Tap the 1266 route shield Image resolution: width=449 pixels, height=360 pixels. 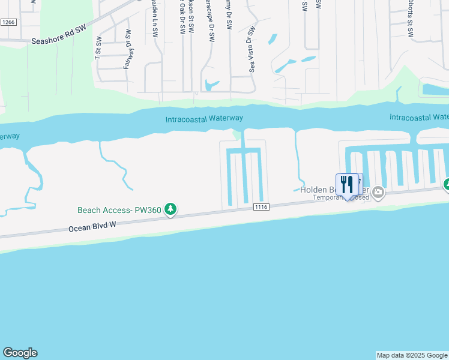click(8, 22)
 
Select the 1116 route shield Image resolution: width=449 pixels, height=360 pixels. click(261, 207)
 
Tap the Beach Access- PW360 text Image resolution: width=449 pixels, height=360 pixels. click(119, 210)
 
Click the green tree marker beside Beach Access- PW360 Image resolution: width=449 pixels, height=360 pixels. click(171, 209)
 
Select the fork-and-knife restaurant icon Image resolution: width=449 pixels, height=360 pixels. click(347, 185)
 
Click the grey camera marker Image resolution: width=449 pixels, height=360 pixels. click(378, 193)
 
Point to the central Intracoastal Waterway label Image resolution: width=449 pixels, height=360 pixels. click(204, 119)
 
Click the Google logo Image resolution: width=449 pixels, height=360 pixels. click(20, 353)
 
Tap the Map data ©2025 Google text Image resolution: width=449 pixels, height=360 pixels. click(412, 355)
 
